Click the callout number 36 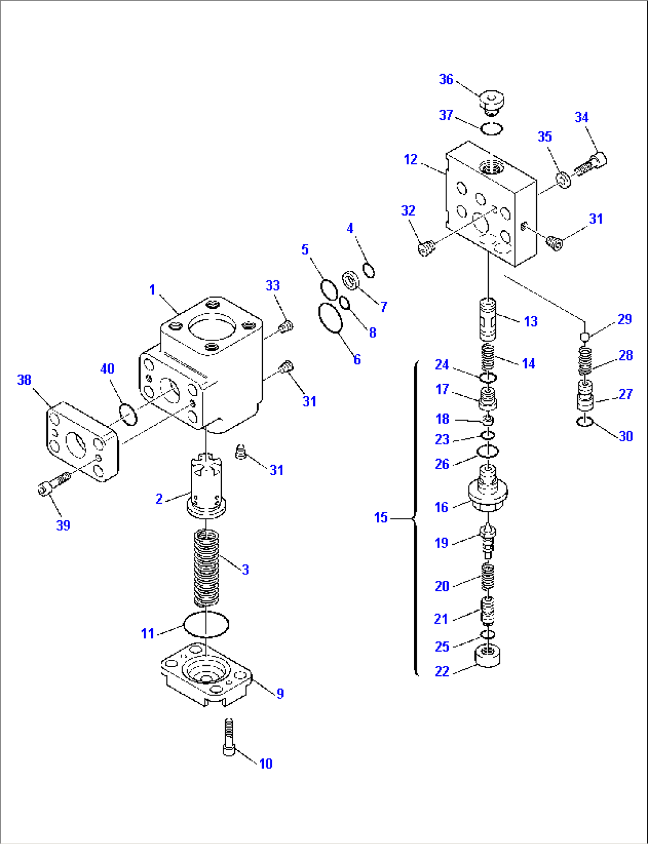coord(446,79)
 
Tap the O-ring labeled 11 coord(206,624)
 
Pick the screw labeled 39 coord(53,482)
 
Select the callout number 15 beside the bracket coord(380,517)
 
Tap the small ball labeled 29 coord(585,337)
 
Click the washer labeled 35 coord(562,179)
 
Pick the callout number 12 coord(410,159)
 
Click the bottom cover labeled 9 coord(206,675)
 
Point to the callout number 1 coord(152,289)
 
